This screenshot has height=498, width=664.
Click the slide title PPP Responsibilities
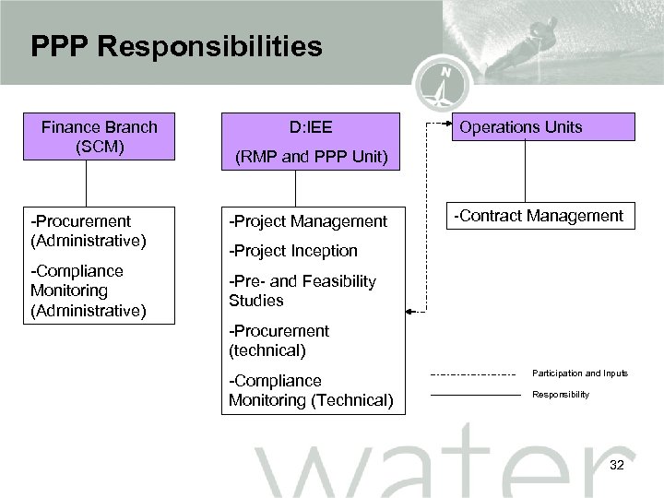(176, 47)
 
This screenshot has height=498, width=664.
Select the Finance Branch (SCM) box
(99, 136)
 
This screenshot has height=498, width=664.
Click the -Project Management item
(308, 221)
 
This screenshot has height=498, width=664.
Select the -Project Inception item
(293, 251)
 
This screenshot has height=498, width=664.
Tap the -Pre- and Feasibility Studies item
(302, 290)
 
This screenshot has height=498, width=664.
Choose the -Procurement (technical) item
(279, 340)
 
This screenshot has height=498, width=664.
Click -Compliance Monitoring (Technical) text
(311, 390)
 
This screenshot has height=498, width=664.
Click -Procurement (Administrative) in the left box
(88, 231)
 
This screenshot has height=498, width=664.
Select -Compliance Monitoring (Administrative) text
(88, 290)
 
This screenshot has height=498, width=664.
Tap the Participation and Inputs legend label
(580, 373)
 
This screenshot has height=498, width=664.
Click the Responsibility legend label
(560, 395)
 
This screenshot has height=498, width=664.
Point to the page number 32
(617, 465)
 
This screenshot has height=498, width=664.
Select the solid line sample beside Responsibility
(475, 395)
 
